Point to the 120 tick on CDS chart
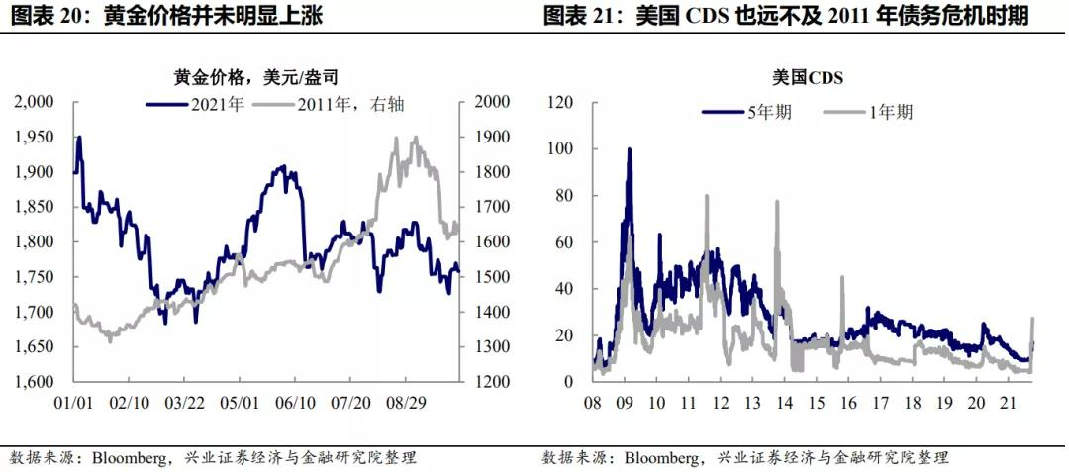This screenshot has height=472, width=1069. click(562, 102)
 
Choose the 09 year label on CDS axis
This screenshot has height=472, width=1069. click(625, 404)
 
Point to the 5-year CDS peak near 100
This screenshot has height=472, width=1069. click(629, 150)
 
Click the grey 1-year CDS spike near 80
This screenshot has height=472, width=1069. click(707, 196)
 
